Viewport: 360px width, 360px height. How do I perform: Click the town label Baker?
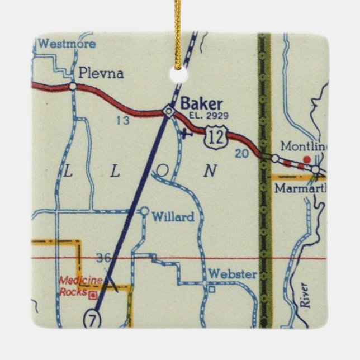[x=201, y=103]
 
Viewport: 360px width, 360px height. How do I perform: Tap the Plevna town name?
[x=101, y=73]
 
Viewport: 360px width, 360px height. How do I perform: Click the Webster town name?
[x=231, y=274]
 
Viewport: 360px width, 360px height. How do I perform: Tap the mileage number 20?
[x=241, y=154]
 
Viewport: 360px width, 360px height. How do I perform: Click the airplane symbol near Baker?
[x=187, y=133]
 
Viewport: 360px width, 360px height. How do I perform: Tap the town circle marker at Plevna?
[x=73, y=86]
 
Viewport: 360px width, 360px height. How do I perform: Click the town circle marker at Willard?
[x=144, y=211]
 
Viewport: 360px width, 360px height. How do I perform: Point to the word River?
[x=305, y=296]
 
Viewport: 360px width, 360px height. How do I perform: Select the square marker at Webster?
[x=211, y=290]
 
